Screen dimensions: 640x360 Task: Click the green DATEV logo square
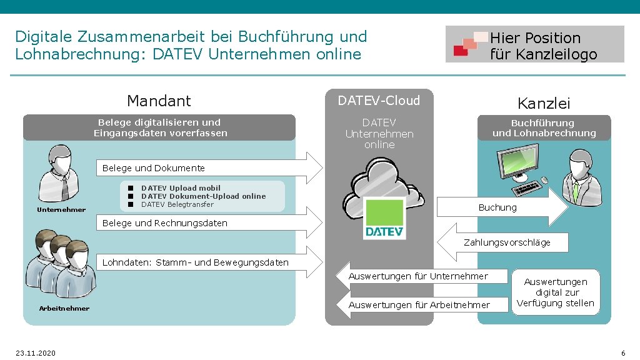[384, 218]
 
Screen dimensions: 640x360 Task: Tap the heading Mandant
[159, 101]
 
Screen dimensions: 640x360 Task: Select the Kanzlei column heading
[544, 103]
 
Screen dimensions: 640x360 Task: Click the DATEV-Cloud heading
[379, 101]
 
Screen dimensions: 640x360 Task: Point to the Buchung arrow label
[497, 207]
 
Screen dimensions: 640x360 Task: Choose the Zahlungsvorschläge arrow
[506, 242]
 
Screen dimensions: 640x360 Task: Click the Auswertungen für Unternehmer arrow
[417, 276]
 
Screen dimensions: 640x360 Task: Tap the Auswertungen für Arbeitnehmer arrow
[419, 305]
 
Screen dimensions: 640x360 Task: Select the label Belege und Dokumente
[153, 168]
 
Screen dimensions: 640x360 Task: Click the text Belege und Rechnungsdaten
[164, 223]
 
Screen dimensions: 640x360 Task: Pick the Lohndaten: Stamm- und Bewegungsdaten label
[195, 262]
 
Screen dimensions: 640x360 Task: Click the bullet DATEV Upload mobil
[181, 188]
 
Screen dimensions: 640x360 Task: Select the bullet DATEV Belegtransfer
[177, 204]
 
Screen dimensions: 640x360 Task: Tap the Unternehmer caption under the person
[61, 210]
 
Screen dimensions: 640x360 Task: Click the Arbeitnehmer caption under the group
[64, 308]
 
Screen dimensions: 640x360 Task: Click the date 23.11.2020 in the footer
[36, 353]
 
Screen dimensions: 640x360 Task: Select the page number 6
[622, 353]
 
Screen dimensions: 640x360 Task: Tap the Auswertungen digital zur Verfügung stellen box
[556, 292]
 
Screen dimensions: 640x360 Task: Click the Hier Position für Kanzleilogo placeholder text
[543, 46]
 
